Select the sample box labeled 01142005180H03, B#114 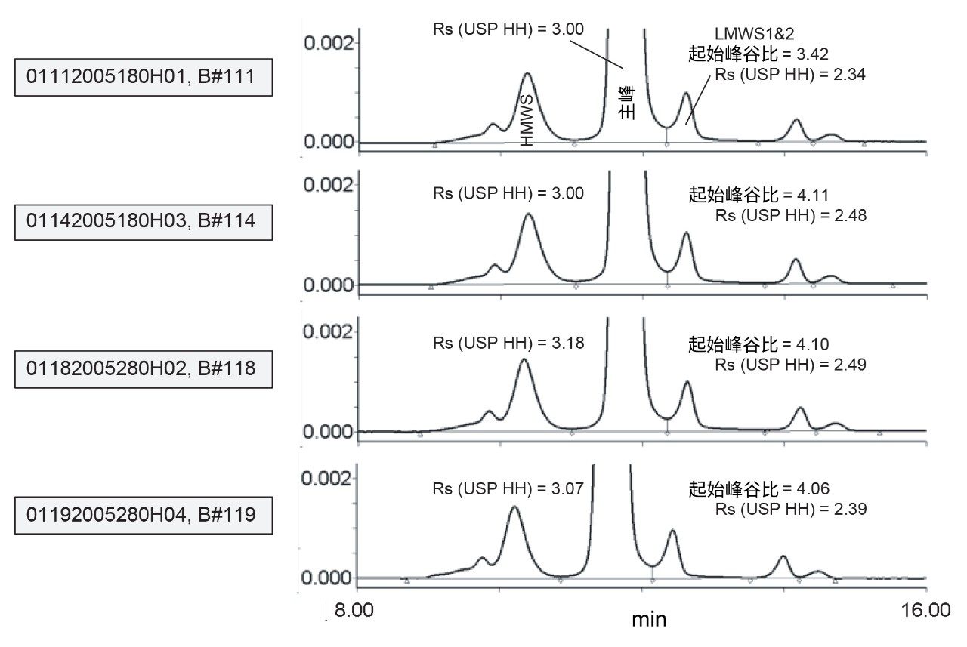tap(144, 221)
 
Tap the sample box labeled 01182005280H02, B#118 tap(144, 368)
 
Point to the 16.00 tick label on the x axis tap(927, 609)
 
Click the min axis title tap(649, 620)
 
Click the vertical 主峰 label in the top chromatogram tap(626, 103)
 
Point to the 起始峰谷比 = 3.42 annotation tap(758, 54)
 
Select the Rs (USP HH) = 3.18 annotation tap(508, 341)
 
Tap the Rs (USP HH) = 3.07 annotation tap(508, 488)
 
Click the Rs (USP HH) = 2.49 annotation tap(790, 364)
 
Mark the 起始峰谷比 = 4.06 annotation tap(758, 489)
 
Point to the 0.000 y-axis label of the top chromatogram tap(328, 142)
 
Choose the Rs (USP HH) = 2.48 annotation tap(790, 215)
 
